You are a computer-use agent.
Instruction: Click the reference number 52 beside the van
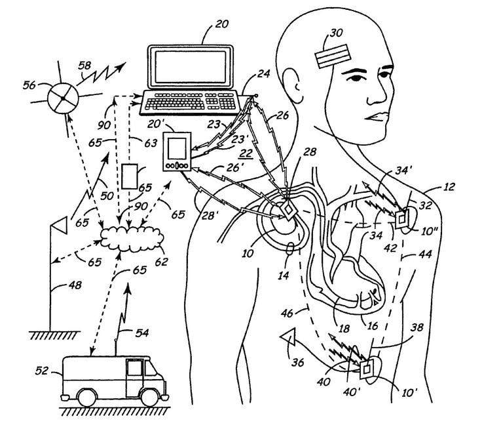(x=41, y=371)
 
